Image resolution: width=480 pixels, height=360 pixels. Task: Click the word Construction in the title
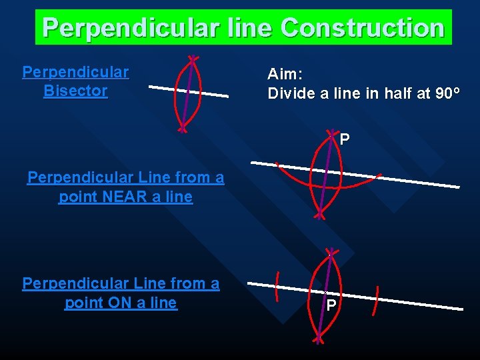pyautogui.click(x=363, y=28)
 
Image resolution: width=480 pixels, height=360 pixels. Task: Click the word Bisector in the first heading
pyautogui.click(x=75, y=91)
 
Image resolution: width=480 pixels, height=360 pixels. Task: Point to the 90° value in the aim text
pyautogui.click(x=447, y=93)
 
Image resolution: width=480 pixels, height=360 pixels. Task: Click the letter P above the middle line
pyautogui.click(x=345, y=140)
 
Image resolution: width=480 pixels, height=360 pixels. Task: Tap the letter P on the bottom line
pyautogui.click(x=331, y=305)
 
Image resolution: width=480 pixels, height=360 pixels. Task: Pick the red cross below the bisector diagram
pyautogui.click(x=181, y=129)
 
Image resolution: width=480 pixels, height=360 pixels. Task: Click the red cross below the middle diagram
pyautogui.click(x=320, y=215)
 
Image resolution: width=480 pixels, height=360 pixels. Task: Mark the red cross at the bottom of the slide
pyautogui.click(x=319, y=339)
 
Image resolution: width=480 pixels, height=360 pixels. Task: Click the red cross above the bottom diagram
pyautogui.click(x=330, y=253)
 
